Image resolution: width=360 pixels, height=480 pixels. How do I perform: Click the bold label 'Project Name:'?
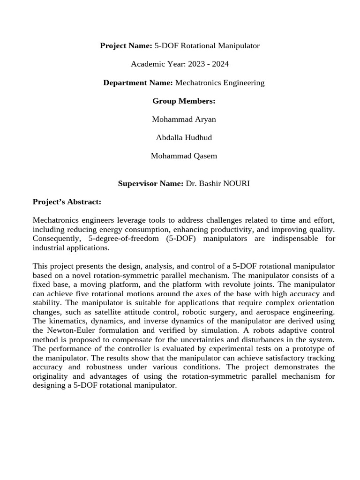point(126,45)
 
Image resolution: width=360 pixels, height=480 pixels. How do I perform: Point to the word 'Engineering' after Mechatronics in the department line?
point(243,83)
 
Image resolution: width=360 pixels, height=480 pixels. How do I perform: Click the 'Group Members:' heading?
point(184,101)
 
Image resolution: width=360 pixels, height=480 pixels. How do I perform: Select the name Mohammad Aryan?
point(184,120)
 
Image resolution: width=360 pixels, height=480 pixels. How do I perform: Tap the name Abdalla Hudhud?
point(184,138)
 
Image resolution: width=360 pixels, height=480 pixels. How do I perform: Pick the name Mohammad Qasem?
point(184,156)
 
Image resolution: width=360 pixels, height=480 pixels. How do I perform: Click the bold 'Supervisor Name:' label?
point(150,184)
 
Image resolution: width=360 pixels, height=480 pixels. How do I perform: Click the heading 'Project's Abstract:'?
point(67,202)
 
